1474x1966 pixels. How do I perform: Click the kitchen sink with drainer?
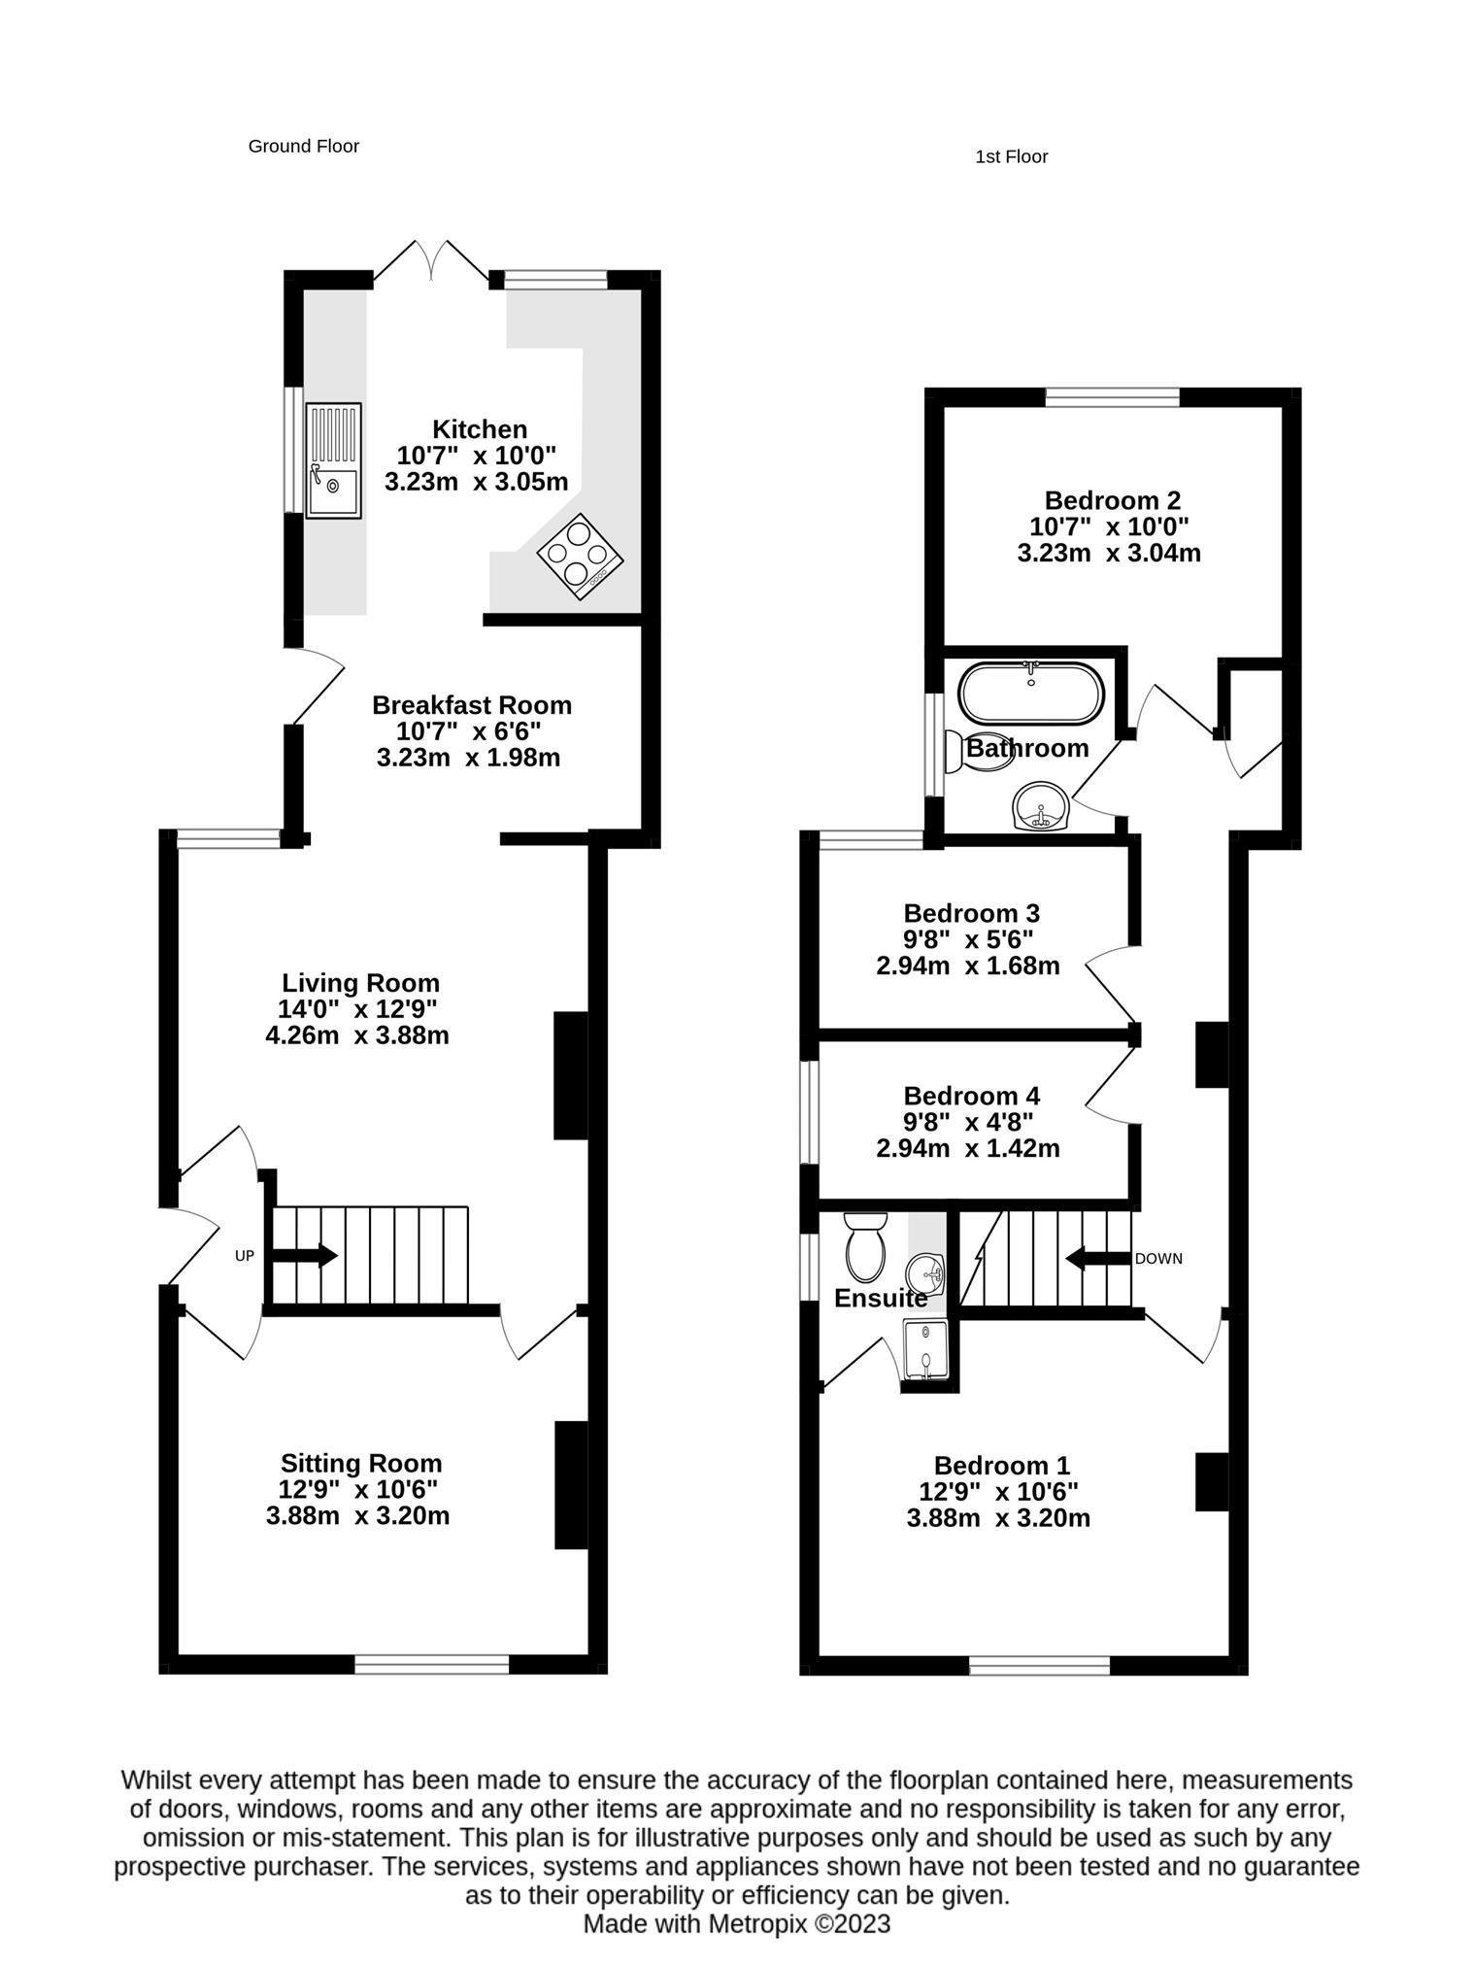[x=333, y=460]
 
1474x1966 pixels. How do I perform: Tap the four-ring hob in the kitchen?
[x=580, y=556]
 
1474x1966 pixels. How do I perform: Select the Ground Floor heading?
[x=303, y=146]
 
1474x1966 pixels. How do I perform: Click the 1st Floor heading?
[x=1011, y=156]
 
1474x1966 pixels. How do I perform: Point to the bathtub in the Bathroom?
[x=1030, y=694]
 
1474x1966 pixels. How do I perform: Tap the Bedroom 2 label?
[x=1112, y=500]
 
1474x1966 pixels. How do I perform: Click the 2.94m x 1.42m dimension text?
[x=967, y=1148]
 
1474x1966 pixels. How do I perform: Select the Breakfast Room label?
[x=471, y=704]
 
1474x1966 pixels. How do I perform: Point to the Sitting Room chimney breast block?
[x=571, y=1484]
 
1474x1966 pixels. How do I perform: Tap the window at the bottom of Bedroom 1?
[x=1039, y=1666]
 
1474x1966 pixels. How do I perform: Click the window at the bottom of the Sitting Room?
[x=431, y=1665]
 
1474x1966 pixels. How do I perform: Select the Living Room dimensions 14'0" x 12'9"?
[x=359, y=1008]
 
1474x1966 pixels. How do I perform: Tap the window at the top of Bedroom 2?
[x=1112, y=396]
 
